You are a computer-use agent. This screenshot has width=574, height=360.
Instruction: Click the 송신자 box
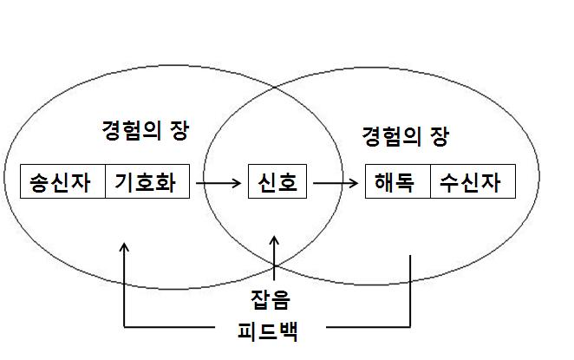62,181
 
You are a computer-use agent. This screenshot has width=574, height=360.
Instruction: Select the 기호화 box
147,181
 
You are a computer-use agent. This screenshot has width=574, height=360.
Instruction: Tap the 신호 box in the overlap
277,183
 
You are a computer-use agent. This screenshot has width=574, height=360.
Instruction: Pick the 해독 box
397,183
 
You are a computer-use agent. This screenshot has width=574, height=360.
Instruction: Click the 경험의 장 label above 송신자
144,132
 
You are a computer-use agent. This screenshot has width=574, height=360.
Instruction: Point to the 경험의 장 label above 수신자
405,136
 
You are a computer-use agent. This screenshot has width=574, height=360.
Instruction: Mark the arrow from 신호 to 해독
336,183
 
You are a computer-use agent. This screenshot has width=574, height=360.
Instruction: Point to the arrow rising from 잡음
275,260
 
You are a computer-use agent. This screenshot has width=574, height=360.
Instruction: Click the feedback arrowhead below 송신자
125,249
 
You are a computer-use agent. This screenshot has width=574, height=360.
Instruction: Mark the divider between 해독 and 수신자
430,183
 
